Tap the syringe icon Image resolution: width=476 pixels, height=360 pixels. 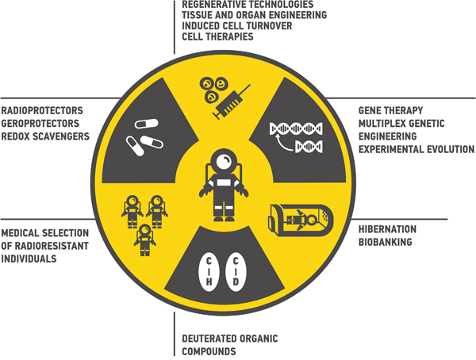coord(231,104)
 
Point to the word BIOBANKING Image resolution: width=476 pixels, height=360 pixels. coord(385,241)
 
